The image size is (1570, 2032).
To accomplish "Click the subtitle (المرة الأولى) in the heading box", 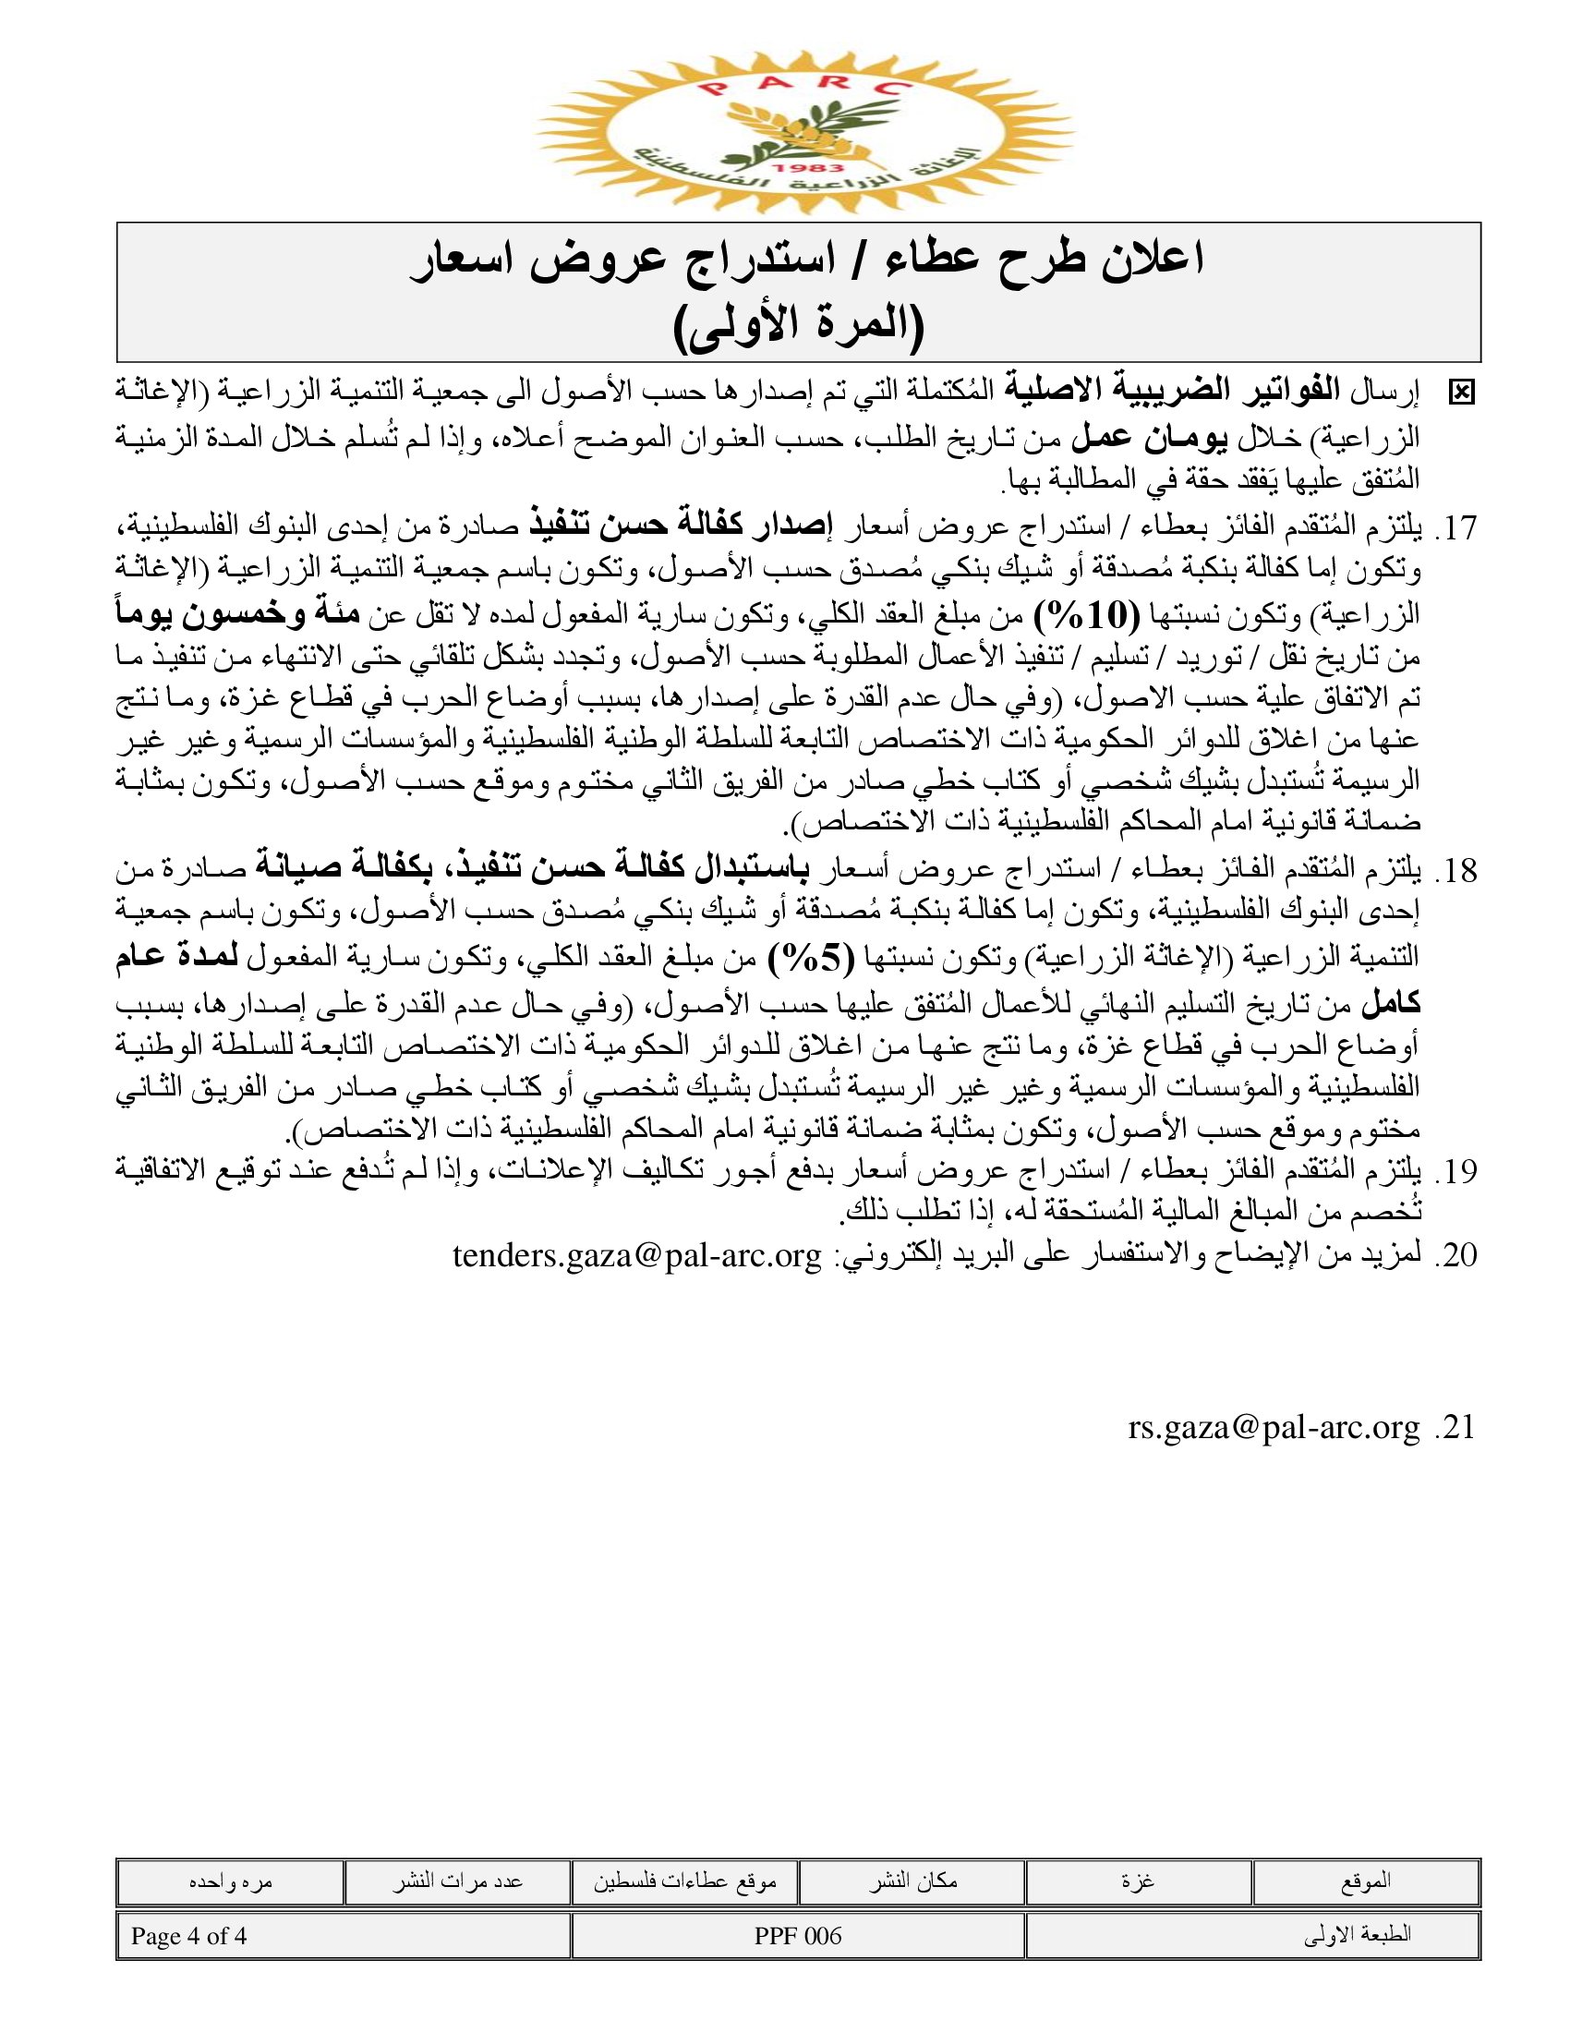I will [799, 327].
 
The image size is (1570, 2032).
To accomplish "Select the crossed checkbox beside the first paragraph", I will [1461, 393].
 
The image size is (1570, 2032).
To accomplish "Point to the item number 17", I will [1455, 528].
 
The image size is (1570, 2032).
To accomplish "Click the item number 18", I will [1455, 871].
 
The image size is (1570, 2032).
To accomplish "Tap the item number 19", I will [1455, 1171].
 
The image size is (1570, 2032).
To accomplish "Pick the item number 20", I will [1455, 1255].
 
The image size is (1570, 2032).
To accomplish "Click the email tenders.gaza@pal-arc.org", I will [637, 1255].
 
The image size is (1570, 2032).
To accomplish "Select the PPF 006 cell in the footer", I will [798, 1936].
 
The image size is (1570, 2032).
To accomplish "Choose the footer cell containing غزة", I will [1139, 1882].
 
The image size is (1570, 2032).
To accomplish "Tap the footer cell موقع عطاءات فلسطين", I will [684, 1882].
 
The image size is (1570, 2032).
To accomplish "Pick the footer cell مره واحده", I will [231, 1882].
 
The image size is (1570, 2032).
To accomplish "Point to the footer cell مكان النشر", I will [912, 1882].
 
